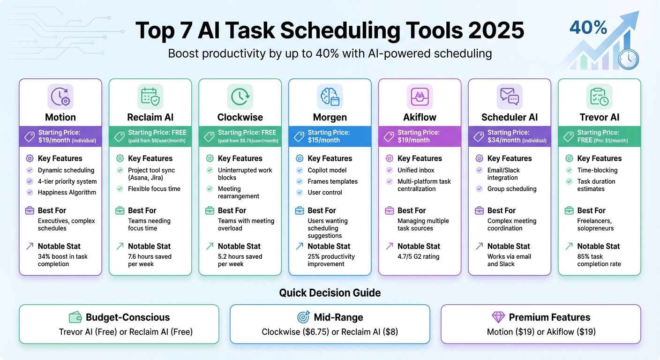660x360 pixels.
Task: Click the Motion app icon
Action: click(x=60, y=97)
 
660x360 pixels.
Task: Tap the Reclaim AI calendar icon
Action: click(x=150, y=97)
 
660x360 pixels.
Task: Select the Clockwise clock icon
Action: click(x=240, y=97)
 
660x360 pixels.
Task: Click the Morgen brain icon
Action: click(x=330, y=97)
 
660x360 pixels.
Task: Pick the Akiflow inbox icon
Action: click(x=420, y=97)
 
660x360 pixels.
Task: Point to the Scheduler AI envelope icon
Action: click(x=510, y=97)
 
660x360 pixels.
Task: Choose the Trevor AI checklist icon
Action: click(x=600, y=97)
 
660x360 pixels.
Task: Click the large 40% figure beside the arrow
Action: click(x=588, y=28)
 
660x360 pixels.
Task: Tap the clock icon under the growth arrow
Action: click(x=629, y=60)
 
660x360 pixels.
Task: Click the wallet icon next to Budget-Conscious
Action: click(x=75, y=317)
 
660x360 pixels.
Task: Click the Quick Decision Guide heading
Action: click(x=330, y=293)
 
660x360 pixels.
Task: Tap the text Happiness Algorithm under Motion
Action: click(x=67, y=192)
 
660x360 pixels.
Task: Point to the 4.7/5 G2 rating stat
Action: click(x=418, y=256)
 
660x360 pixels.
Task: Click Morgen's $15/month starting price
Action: click(x=323, y=140)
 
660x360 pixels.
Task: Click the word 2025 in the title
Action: click(x=496, y=31)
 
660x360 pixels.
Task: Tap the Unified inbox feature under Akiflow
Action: click(x=416, y=170)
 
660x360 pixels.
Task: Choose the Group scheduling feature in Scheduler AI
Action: click(x=512, y=189)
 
